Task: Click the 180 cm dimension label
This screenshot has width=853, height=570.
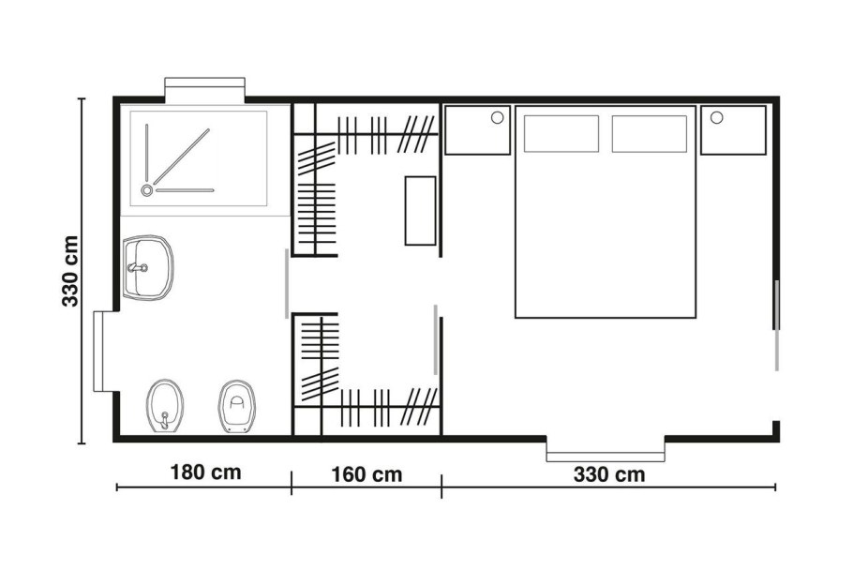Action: pos(205,472)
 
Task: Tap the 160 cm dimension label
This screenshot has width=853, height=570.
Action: pos(367,474)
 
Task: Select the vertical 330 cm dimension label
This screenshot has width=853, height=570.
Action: pos(70,271)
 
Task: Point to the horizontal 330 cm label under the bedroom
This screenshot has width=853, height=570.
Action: pos(609,474)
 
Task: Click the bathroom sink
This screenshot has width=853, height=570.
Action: pos(147,267)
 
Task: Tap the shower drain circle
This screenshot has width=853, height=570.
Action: pos(147,190)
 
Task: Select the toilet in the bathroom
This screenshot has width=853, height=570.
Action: pos(236,406)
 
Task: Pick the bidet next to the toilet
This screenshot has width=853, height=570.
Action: pos(165,406)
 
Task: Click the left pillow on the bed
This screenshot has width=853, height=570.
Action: pos(561,134)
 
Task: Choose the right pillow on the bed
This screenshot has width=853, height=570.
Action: pos(649,134)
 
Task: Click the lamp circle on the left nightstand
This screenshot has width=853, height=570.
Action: pos(497,117)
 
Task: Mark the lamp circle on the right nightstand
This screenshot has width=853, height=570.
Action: pos(716,117)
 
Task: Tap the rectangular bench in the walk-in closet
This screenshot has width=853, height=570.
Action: pos(421,211)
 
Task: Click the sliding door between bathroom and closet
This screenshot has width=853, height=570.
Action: pos(287,283)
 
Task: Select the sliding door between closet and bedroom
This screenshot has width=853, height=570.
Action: pos(435,339)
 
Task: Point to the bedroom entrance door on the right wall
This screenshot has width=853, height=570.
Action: pos(777,325)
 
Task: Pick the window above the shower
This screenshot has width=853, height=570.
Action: pos(205,89)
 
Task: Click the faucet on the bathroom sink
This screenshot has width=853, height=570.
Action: pos(138,267)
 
